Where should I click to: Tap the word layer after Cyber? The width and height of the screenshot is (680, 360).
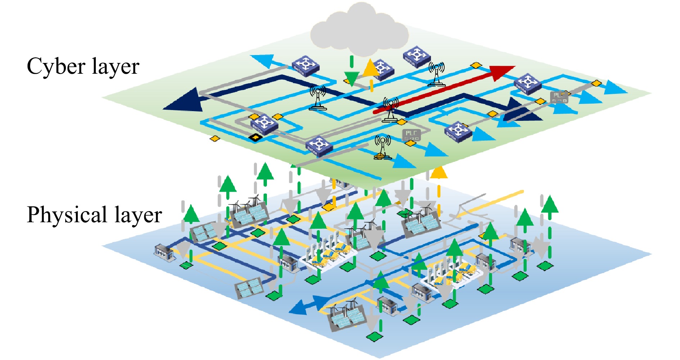click(x=115, y=67)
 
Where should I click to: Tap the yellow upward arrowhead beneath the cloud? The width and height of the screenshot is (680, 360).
click(x=370, y=68)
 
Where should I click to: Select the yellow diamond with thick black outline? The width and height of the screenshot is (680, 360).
click(x=255, y=137)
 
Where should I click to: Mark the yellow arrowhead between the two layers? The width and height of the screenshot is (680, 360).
click(x=439, y=173)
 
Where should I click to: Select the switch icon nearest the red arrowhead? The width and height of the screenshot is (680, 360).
click(x=527, y=83)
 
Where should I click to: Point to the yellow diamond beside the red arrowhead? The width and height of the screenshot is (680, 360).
click(x=476, y=65)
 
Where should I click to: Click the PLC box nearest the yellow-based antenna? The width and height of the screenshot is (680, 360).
click(x=411, y=135)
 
